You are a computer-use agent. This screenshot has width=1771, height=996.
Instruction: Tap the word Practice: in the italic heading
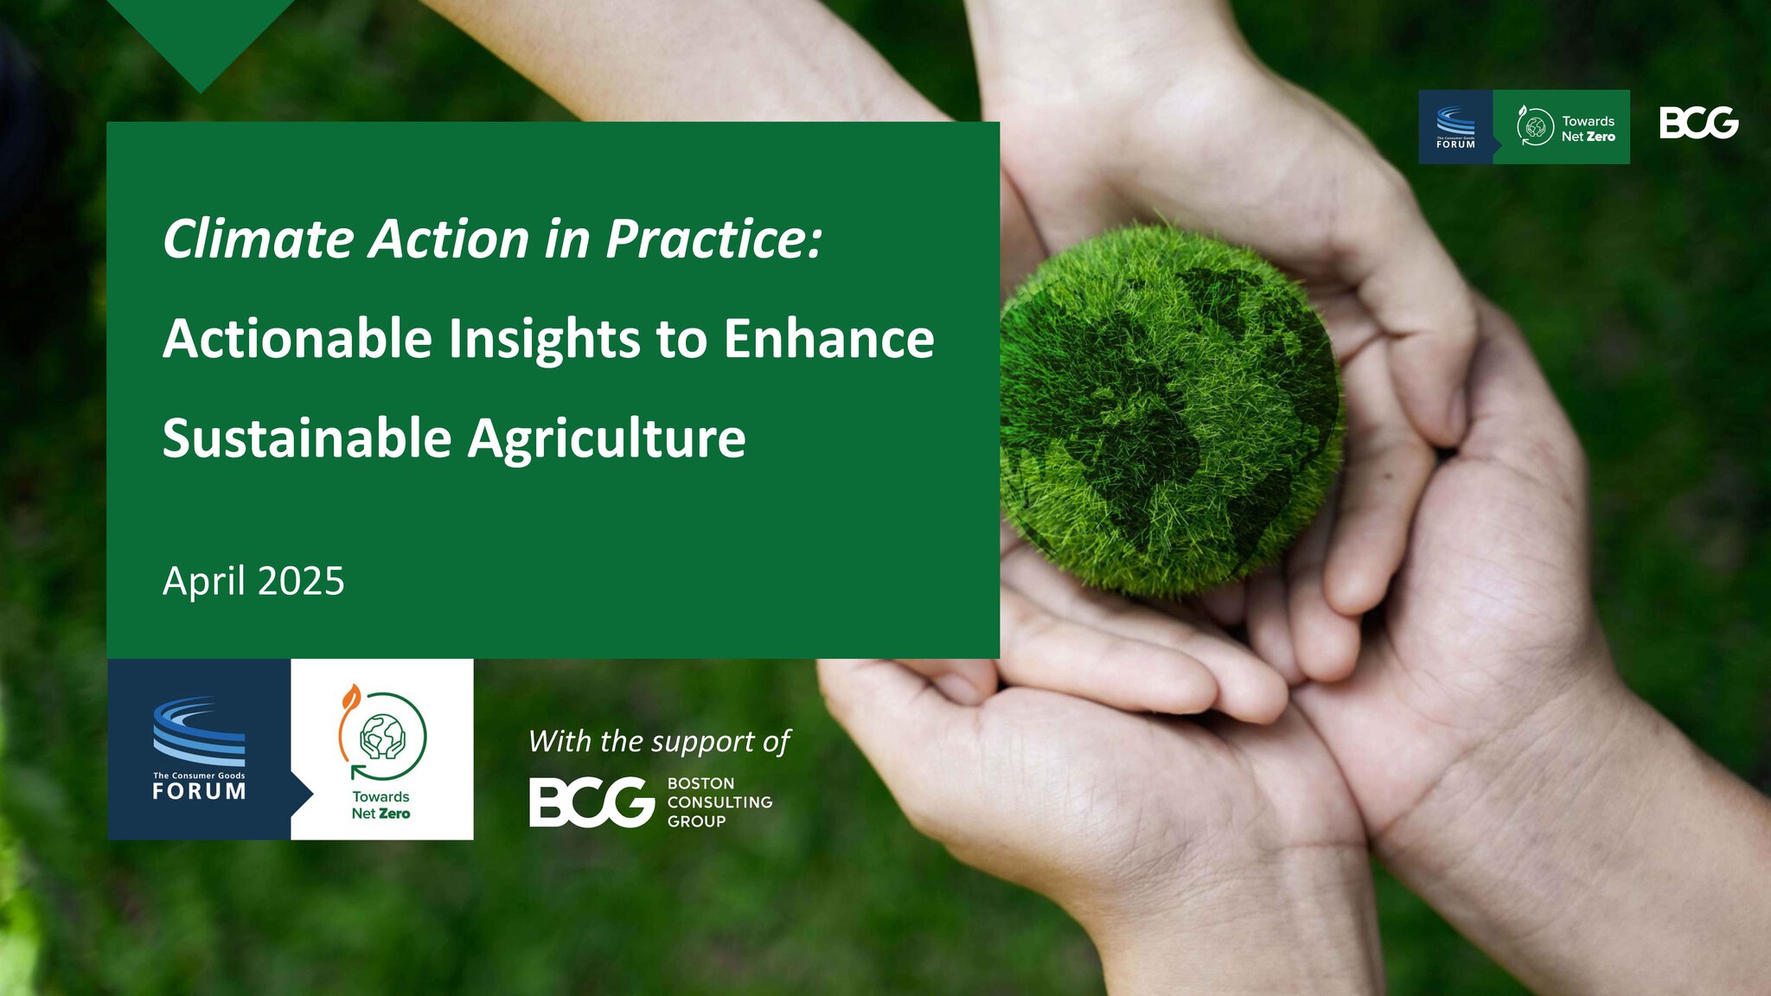714,239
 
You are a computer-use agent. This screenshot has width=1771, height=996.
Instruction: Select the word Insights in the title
544,339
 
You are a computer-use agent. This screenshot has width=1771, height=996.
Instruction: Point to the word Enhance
828,338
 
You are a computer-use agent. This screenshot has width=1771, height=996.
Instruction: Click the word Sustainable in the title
307,437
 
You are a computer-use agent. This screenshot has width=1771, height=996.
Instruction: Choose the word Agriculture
606,439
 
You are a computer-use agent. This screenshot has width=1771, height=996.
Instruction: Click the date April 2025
253,581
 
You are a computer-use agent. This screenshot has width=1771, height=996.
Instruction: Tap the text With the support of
659,742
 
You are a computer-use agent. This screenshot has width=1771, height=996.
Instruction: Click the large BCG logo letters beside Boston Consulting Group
591,801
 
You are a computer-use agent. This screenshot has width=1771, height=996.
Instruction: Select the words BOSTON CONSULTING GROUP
719,802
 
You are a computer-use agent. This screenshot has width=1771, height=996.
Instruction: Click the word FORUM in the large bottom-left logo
200,791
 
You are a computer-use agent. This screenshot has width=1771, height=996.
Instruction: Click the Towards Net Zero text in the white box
380,805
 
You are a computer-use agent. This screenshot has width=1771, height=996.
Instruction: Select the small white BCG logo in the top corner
1698,123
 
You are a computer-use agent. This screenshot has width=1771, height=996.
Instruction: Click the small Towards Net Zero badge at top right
1562,127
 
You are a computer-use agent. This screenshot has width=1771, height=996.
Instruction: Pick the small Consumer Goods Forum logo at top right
1456,127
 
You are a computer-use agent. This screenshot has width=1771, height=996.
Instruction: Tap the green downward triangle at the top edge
200,35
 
